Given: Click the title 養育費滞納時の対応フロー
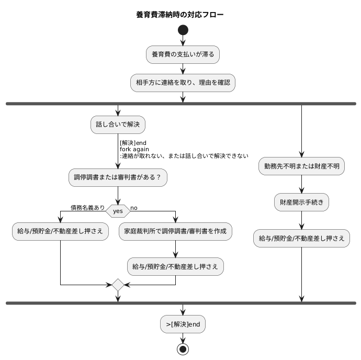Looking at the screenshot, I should click(x=180, y=15).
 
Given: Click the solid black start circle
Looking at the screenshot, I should click(x=183, y=30).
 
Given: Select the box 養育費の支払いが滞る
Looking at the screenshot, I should click(x=183, y=54).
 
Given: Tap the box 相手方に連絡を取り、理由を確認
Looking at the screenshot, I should click(x=183, y=82).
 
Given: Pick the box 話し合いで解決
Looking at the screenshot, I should click(x=118, y=125).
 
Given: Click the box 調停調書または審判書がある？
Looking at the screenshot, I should click(x=118, y=178).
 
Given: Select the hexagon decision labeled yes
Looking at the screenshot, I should click(x=118, y=211).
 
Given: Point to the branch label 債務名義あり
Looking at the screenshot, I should click(x=87, y=208).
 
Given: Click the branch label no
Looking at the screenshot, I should click(x=134, y=208).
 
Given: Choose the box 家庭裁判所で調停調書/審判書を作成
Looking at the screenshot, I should click(x=175, y=231).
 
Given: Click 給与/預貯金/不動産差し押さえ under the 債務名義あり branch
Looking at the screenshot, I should click(x=61, y=231).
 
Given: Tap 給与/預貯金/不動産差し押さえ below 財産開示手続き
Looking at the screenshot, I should click(x=301, y=238).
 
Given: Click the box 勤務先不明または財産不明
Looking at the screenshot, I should click(x=301, y=166).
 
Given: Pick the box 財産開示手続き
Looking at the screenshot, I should click(x=301, y=203).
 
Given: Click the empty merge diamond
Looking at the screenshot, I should click(x=118, y=285).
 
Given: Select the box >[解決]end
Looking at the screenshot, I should click(x=183, y=324).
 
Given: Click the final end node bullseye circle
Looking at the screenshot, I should click(x=183, y=349).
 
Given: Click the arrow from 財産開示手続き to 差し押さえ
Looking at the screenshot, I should click(x=301, y=220).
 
